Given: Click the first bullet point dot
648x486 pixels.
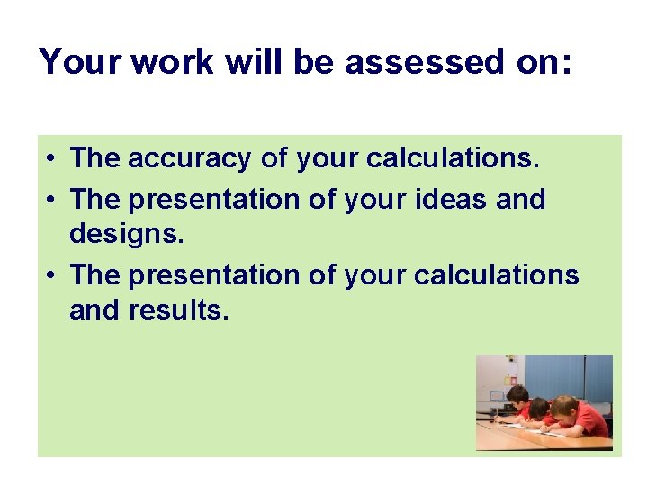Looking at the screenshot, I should (x=54, y=160).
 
